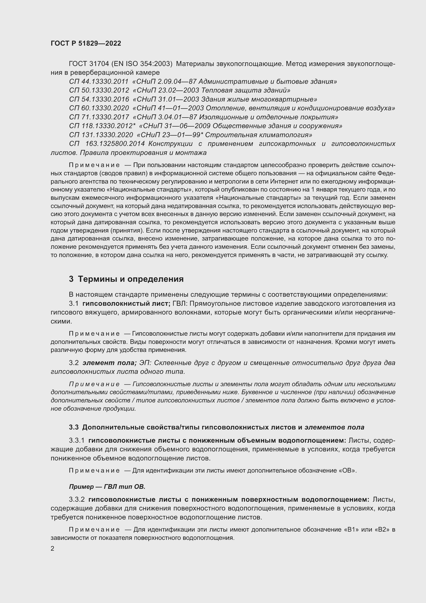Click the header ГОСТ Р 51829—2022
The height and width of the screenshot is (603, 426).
(x=86, y=44)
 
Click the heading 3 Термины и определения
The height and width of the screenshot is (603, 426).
(x=126, y=279)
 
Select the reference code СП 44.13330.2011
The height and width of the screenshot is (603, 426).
(x=99, y=82)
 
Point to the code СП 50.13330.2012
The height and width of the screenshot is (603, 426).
(x=99, y=90)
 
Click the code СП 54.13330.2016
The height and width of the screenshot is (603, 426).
(x=99, y=100)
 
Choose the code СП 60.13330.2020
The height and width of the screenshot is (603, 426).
(x=99, y=108)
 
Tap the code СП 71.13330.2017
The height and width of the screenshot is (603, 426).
(x=99, y=117)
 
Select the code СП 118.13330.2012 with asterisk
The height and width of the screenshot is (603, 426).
(x=102, y=126)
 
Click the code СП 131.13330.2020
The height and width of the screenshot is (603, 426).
(x=101, y=135)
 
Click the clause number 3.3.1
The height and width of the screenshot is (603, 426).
(x=76, y=440)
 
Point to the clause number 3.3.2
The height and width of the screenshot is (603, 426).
(x=76, y=499)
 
